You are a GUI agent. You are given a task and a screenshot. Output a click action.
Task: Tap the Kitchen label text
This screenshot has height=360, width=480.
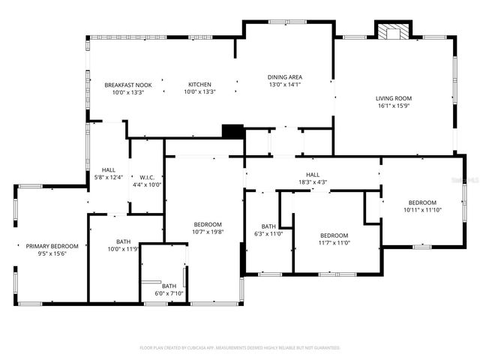tap(199, 84)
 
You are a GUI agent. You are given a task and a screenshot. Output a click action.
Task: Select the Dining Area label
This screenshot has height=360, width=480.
tap(285, 76)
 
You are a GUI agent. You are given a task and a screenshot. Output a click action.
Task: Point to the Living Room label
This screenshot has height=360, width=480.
tap(394, 98)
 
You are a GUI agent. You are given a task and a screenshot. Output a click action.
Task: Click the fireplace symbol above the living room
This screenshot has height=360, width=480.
tap(391, 32)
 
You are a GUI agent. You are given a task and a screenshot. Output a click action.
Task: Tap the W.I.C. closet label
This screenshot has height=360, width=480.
tap(146, 177)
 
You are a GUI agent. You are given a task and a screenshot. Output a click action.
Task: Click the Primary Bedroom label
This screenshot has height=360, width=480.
tap(52, 246)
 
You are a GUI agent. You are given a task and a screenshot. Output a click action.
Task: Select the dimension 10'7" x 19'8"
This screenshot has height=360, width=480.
tap(208, 232)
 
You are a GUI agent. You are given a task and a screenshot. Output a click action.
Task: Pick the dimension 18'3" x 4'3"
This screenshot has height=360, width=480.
tap(313, 181)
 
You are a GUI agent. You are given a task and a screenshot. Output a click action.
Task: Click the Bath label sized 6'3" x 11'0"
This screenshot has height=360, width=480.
tap(269, 226)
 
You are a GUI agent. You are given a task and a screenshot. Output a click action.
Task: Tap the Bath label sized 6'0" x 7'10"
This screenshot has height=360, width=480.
tap(169, 286)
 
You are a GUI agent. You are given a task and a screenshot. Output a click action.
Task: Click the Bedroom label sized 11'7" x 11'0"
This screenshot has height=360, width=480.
tap(334, 235)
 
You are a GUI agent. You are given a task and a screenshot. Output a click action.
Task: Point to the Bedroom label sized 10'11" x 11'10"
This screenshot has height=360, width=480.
tap(422, 202)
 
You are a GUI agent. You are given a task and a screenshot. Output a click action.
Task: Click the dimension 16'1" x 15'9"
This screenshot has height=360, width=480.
tap(394, 106)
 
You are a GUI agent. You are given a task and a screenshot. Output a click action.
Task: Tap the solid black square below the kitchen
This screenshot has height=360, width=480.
tap(233, 130)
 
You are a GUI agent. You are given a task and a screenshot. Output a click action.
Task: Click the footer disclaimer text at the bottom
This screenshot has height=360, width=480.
tap(240, 348)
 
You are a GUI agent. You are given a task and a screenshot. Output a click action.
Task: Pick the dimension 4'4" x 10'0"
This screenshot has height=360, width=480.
tap(146, 184)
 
